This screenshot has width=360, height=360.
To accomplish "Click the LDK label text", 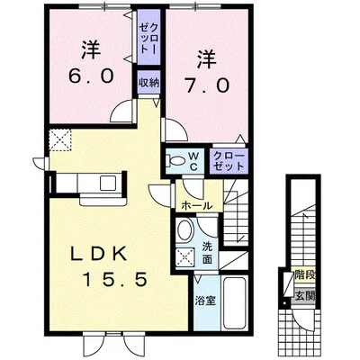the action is coord(97,255).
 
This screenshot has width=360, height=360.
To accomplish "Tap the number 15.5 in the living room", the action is coord(115,279).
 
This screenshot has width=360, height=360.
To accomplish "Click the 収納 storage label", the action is coord(148,82).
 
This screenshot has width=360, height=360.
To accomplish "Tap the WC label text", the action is coord(193,161).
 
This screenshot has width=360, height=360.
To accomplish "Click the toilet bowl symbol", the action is coord(175,161).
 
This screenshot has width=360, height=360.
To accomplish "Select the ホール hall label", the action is coord(197,206).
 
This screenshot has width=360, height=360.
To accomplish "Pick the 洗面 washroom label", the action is coord(207,253).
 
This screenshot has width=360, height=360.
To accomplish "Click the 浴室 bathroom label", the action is coord(206,301).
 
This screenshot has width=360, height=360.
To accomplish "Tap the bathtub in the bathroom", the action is coord(235,303).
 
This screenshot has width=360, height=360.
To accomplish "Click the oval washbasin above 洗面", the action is coord(185,230).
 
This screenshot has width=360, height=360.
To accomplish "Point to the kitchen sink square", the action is coord(108,183).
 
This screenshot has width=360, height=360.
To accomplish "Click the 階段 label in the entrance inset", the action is coord(305,274).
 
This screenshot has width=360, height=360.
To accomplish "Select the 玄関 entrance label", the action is coord(305,297).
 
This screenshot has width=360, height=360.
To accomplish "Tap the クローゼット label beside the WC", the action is coord(229,161).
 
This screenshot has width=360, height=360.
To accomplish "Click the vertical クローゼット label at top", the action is coord(148,38).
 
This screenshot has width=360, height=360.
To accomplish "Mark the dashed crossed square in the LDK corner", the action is coord(60,140).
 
